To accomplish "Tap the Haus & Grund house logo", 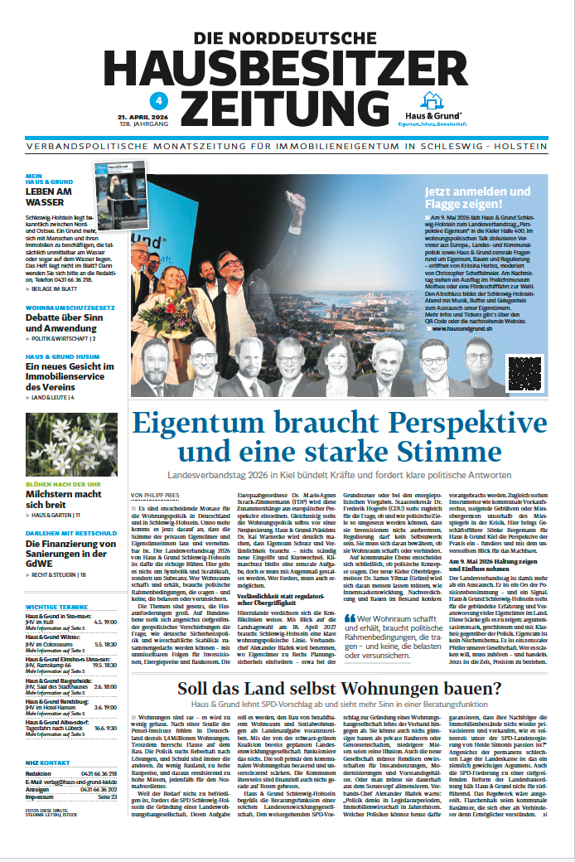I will [430, 101].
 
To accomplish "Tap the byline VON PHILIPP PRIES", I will [156, 496].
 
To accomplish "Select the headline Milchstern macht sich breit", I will [63, 499].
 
